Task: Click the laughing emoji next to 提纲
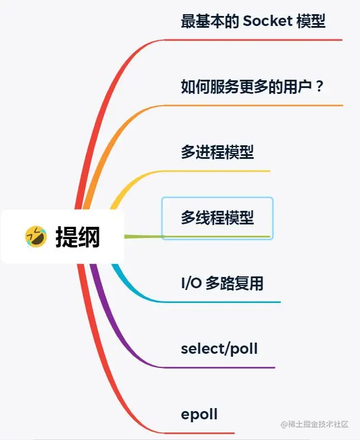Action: [35, 236]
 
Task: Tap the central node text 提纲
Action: [77, 237]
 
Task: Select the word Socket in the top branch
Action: [268, 22]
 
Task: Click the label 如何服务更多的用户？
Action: [253, 87]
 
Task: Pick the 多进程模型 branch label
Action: [217, 152]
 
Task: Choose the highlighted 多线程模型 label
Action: [217, 217]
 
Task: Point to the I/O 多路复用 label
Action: [222, 283]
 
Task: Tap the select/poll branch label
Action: [219, 348]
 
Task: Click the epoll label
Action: [199, 414]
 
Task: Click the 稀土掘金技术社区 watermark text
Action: [317, 425]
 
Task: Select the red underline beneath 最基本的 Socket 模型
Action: [254, 40]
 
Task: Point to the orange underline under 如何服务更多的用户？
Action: [254, 106]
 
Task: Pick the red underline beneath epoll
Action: [201, 433]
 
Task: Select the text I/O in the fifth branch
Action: [191, 283]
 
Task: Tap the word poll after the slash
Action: [244, 348]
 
